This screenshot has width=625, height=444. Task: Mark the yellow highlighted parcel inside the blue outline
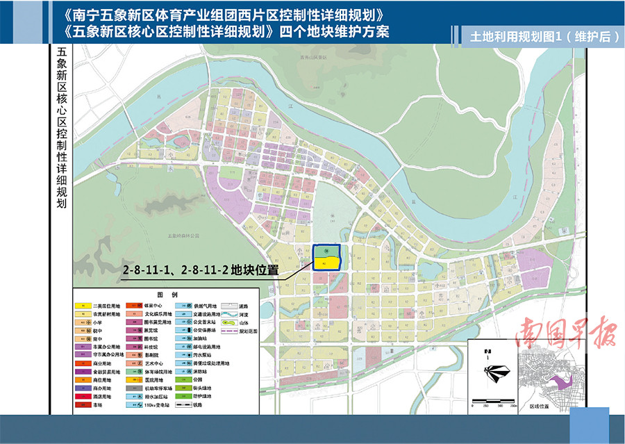pos(327,263)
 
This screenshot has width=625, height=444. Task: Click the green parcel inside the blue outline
pos(327,251)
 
